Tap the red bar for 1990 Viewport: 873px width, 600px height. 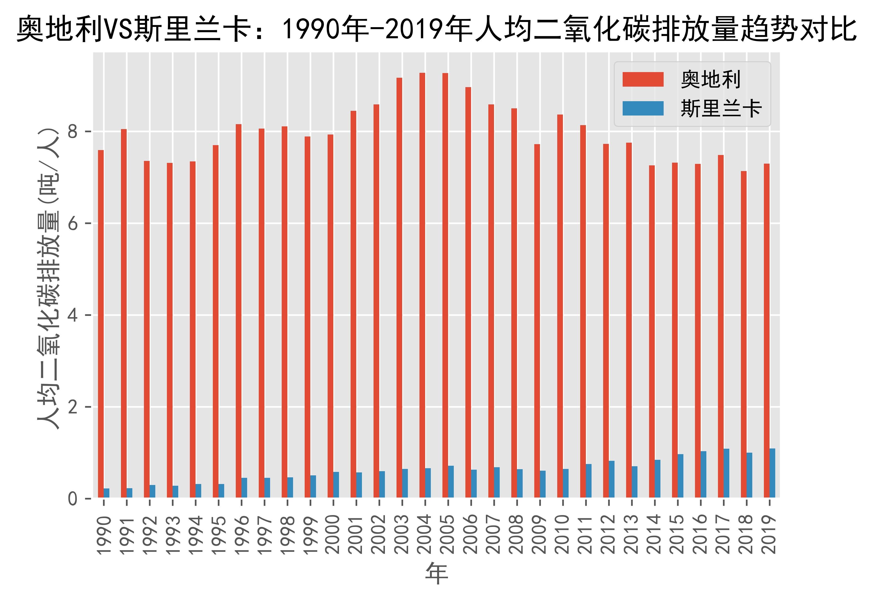(x=101, y=324)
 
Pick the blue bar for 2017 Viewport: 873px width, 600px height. (x=726, y=473)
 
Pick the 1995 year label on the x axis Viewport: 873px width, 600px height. (x=218, y=534)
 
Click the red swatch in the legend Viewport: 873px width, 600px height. (x=643, y=79)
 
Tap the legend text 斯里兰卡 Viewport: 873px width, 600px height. (x=721, y=109)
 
